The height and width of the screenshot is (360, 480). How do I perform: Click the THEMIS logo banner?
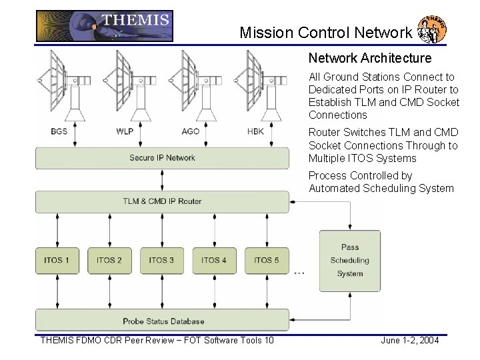tap(104, 26)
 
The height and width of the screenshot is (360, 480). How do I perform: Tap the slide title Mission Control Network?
tap(325, 32)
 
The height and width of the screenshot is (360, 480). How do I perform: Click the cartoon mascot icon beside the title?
tap(431, 29)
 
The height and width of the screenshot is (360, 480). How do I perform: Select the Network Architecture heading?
tap(369, 58)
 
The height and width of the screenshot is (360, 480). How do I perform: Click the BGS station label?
tap(59, 131)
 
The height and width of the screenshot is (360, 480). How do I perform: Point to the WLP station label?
tap(125, 131)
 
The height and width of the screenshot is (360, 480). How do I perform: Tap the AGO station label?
tap(190, 131)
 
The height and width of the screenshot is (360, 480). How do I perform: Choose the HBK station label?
tap(255, 131)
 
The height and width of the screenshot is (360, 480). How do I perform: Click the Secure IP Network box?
tap(162, 158)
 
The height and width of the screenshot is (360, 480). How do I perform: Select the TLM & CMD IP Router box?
tap(162, 201)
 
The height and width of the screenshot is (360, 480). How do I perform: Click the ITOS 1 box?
tap(57, 260)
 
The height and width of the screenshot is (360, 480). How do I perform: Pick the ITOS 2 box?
tap(109, 260)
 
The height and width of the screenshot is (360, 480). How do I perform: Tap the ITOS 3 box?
tap(162, 260)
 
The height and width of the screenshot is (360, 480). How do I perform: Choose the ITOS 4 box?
tap(214, 260)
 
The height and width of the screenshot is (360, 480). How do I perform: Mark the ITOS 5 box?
tap(267, 260)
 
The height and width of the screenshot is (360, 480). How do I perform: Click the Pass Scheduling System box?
tap(350, 260)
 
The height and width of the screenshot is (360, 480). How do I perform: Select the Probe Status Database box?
tap(162, 321)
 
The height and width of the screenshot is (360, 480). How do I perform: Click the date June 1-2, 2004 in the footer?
tap(409, 341)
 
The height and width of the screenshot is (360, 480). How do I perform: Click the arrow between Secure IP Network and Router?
tap(162, 179)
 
